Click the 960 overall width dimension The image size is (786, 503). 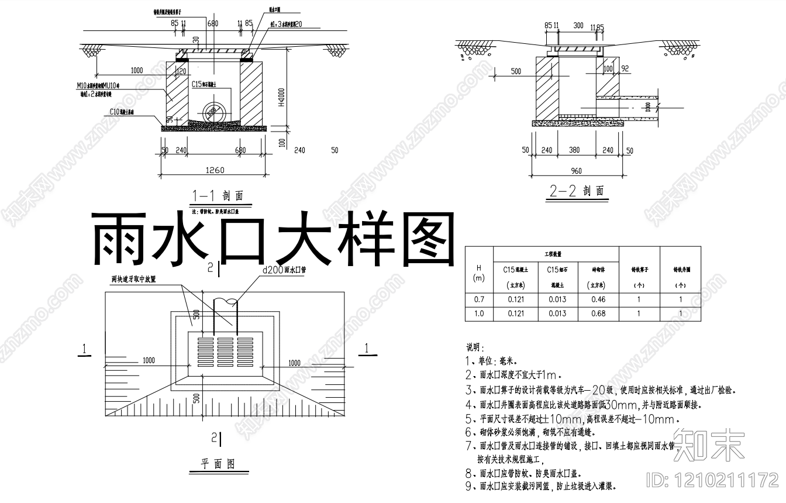tap(577, 171)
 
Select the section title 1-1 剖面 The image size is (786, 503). tap(217, 196)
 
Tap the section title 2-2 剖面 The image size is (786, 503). tap(577, 191)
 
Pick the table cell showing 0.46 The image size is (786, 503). tap(598, 299)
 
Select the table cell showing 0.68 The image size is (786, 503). tap(598, 314)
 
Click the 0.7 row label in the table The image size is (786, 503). tap(479, 299)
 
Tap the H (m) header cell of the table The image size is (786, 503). tap(479, 273)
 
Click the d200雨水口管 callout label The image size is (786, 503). tap(285, 270)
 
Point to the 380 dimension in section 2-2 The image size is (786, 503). tap(574, 150)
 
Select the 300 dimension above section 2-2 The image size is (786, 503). tap(578, 26)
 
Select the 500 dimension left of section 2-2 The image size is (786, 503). tap(515, 71)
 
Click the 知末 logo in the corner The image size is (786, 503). tap(709, 445)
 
